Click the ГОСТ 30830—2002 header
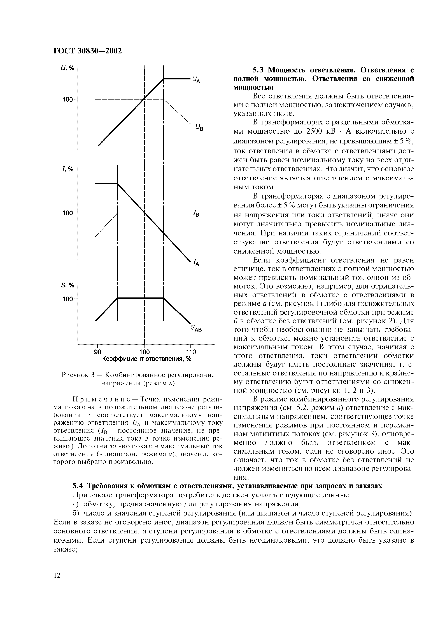(x=87, y=51)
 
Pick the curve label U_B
(x=199, y=127)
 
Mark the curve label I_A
(x=197, y=263)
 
